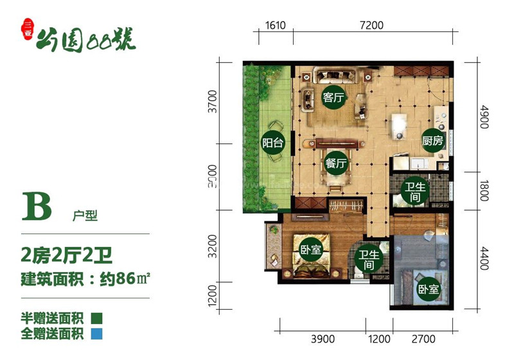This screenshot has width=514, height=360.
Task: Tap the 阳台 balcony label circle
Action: click(x=273, y=143)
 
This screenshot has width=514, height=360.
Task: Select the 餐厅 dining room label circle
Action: click(x=336, y=163)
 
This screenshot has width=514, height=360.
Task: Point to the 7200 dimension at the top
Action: click(x=371, y=26)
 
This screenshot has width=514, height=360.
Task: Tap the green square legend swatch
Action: click(x=96, y=318)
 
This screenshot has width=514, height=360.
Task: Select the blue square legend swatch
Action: click(x=96, y=334)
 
